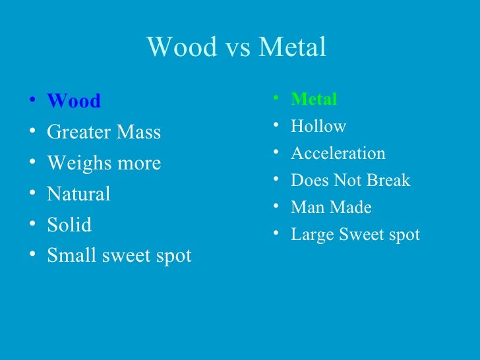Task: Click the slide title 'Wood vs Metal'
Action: pyautogui.click(x=236, y=47)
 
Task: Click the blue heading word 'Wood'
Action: pyautogui.click(x=74, y=102)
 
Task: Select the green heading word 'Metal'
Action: pyautogui.click(x=314, y=100)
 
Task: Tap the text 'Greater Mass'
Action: pyautogui.click(x=104, y=133)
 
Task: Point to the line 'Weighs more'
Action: pyautogui.click(x=104, y=164)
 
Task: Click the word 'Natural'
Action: pyautogui.click(x=78, y=194)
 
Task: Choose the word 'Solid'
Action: pyautogui.click(x=69, y=225)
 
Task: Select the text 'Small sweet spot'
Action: pyautogui.click(x=119, y=256)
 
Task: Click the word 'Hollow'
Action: pyautogui.click(x=318, y=127)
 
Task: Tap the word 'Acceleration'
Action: pyautogui.click(x=338, y=154)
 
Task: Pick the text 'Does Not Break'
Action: pyautogui.click(x=350, y=181)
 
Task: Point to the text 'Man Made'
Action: pyautogui.click(x=331, y=208)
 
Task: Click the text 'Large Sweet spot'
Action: pyautogui.click(x=355, y=235)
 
